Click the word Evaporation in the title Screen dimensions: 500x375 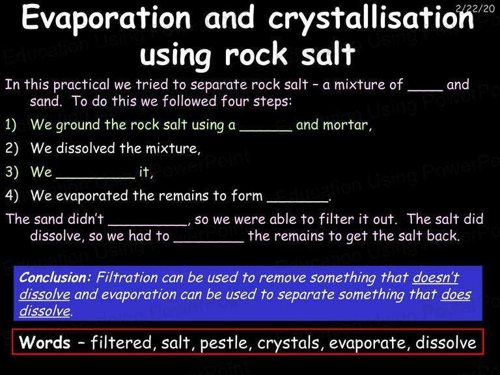point(106,18)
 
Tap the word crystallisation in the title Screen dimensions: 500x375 point(371,19)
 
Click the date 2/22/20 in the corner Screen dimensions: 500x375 point(475,8)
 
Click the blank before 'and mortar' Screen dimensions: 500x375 point(266,130)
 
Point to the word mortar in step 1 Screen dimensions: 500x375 point(347,125)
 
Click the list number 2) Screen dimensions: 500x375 point(12,148)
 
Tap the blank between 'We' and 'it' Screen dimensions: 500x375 point(96,177)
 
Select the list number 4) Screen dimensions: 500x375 point(12,195)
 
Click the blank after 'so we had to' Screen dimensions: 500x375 point(208,242)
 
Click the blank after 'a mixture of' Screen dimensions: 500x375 point(425,90)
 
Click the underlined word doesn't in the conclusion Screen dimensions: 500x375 point(436,277)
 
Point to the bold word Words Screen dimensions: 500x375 point(45,342)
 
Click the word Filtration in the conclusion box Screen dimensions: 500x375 point(126,277)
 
